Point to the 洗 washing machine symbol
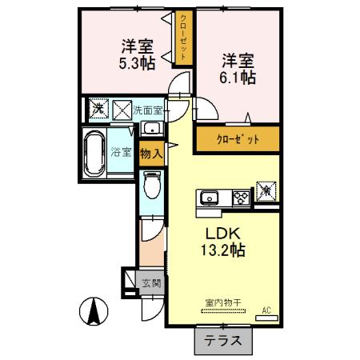pyautogui.click(x=96, y=107)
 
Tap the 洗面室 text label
pyautogui.click(x=148, y=107)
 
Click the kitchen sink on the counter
pyautogui.click(x=211, y=198)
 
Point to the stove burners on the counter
pyautogui.click(x=239, y=198)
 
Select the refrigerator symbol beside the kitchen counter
pyautogui.click(x=265, y=192)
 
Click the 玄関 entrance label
pyautogui.click(x=152, y=282)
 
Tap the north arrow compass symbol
pyautogui.click(x=94, y=310)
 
